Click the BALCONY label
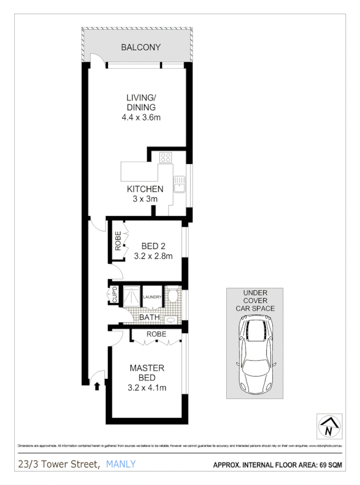(141, 47)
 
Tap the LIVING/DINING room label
(141, 102)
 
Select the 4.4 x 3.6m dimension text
(141, 117)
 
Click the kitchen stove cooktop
(165, 158)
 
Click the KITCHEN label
(145, 189)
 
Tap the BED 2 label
(149, 245)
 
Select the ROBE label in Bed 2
(117, 241)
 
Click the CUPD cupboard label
(115, 294)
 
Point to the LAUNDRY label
(152, 297)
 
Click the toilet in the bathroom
(172, 296)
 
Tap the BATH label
(149, 317)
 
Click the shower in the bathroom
(131, 298)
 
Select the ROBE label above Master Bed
(156, 334)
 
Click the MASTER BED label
(147, 373)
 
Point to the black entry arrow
(97, 386)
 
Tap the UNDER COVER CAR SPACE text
(255, 300)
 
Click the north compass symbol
(328, 425)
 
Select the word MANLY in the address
(121, 464)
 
